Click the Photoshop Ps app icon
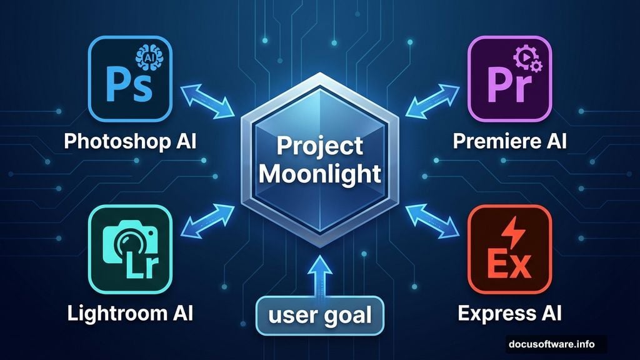(131, 79)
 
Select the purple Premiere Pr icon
(509, 79)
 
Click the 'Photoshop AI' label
(131, 141)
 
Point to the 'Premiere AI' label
(509, 141)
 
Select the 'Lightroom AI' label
(131, 312)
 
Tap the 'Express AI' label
(509, 312)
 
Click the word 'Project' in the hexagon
(319, 146)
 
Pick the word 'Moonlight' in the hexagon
(319, 172)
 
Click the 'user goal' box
(319, 314)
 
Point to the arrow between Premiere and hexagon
(432, 101)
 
